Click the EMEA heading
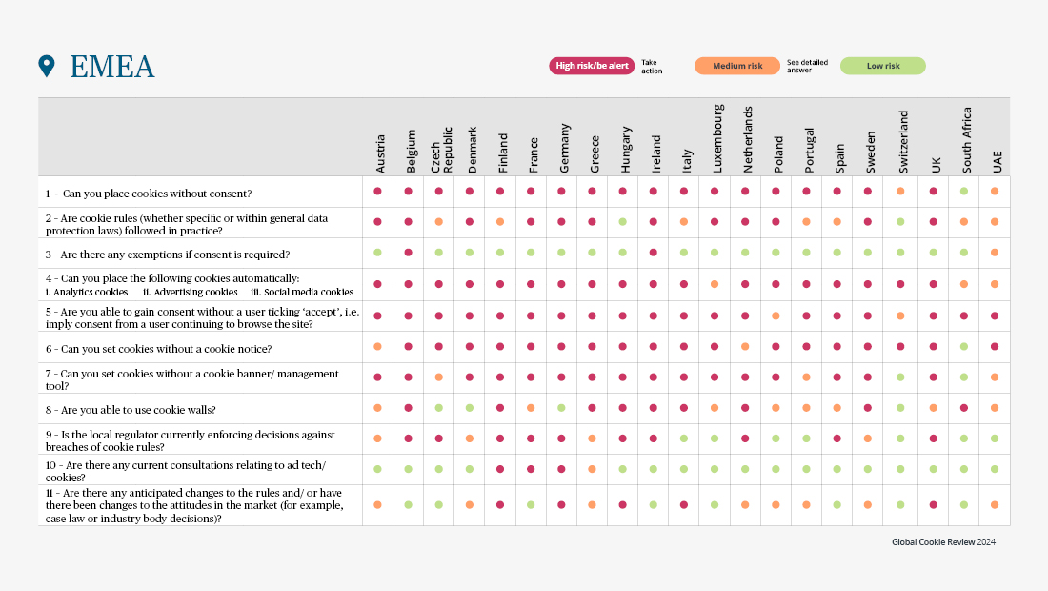pos(112,66)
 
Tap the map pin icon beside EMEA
pos(47,66)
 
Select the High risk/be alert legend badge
pos(592,66)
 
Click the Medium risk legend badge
pos(737,66)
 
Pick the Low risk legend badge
pos(883,66)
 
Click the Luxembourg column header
pos(718,138)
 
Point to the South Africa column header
pos(966,140)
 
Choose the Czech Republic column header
pos(442,150)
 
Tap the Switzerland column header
pos(903,142)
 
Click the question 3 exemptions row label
pos(168,255)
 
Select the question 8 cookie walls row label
pos(131,410)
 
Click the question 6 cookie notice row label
pos(158,349)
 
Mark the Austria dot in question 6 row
pos(377,347)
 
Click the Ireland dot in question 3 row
pos(653,253)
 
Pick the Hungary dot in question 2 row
pos(623,222)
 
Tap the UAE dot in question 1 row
pos(995,192)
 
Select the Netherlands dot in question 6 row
pos(745,347)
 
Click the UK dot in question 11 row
pos(933,505)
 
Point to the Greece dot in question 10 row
pos(593,469)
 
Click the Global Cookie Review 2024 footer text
pos(944,542)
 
